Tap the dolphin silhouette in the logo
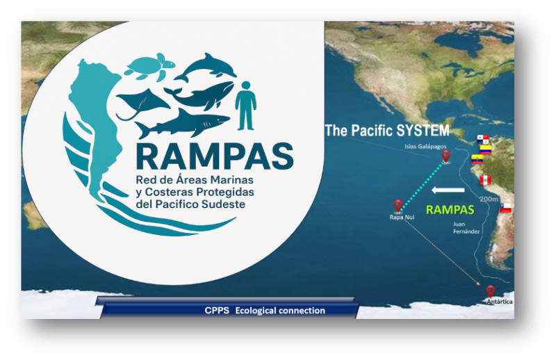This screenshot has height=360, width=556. [x=206, y=67]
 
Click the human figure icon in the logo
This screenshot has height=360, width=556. [x=245, y=106]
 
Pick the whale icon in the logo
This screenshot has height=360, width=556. [x=201, y=96]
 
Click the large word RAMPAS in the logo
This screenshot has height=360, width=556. [x=215, y=156]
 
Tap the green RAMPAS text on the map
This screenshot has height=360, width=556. [x=450, y=210]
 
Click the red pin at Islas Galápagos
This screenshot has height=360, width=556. [x=445, y=156]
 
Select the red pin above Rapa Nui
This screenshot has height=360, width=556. [x=398, y=206]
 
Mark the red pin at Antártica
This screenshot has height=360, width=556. [x=491, y=292]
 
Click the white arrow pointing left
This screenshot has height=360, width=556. [x=448, y=190]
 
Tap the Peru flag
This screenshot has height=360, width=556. [x=485, y=180]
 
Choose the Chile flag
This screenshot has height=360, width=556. [x=505, y=208]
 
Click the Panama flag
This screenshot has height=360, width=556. [x=482, y=140]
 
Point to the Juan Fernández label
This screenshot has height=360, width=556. [x=466, y=228]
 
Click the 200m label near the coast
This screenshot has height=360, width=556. [x=489, y=199]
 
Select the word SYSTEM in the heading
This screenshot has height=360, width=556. [x=423, y=131]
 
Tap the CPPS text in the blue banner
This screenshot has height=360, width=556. [x=217, y=311]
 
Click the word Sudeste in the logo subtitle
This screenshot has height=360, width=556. [x=223, y=204]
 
